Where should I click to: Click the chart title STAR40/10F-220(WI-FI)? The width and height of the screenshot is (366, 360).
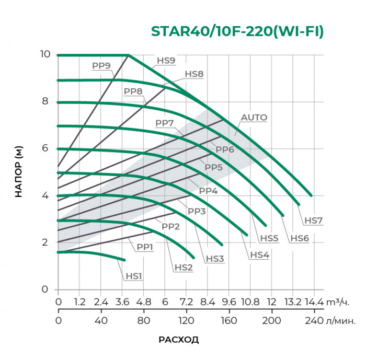point(237,31)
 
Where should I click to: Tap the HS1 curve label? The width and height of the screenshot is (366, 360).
point(134,276)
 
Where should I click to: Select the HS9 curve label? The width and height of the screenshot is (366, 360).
point(166,61)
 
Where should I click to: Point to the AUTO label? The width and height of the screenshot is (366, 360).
point(254,118)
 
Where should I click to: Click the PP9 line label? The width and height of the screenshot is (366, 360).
point(101,66)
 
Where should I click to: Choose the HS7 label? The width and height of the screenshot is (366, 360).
point(313,220)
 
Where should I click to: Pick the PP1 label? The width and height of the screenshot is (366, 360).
point(145,247)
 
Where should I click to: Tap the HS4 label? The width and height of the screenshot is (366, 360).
point(259,254)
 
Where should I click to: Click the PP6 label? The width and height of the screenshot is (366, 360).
point(224,149)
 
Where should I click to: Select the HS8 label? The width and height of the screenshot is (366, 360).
point(194,74)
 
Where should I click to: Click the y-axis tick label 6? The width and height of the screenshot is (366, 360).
point(46,148)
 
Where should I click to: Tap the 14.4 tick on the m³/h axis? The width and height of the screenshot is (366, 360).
point(315,303)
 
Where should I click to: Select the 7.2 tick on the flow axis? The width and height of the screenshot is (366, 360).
point(186,303)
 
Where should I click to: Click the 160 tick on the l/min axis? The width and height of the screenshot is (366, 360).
point(229,320)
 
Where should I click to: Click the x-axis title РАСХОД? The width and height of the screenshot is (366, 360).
point(178,340)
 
